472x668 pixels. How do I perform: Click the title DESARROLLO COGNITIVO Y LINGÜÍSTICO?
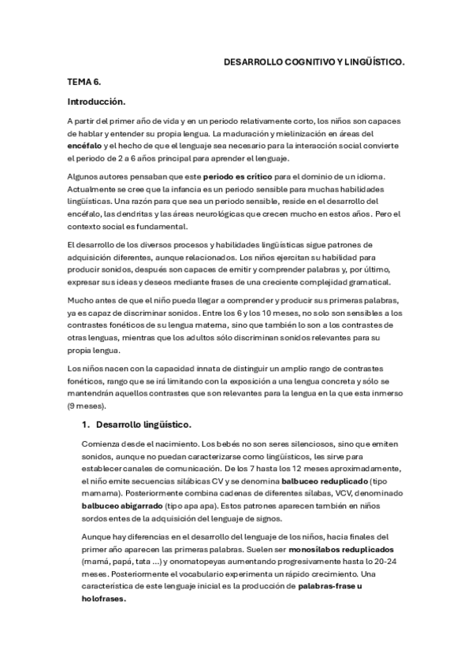(x=314, y=60)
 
